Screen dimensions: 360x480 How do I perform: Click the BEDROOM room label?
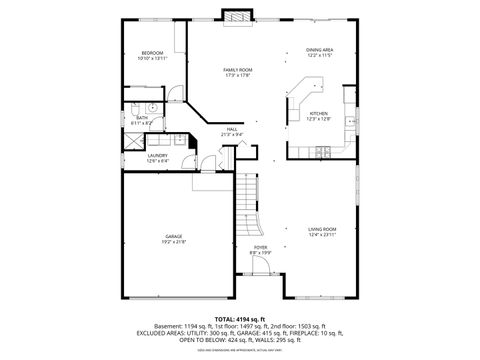[152, 52]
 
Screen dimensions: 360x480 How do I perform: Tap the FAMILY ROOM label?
[237, 69]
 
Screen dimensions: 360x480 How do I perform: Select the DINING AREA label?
[319, 50]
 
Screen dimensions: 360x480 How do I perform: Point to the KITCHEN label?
[318, 114]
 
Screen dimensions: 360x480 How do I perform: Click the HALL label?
[231, 129]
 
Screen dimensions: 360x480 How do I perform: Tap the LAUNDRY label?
[158, 155]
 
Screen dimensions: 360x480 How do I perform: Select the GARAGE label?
[174, 236]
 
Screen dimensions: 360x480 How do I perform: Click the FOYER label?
[260, 247]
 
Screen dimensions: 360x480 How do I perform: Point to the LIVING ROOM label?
[322, 229]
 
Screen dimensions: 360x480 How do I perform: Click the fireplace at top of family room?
[236, 16]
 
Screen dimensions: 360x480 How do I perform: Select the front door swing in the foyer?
[263, 265]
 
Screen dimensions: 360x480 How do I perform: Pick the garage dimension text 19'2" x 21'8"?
[174, 242]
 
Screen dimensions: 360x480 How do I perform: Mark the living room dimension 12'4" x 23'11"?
[322, 235]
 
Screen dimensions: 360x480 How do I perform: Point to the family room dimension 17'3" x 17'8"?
[237, 75]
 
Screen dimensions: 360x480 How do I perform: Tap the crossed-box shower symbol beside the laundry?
[134, 141]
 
